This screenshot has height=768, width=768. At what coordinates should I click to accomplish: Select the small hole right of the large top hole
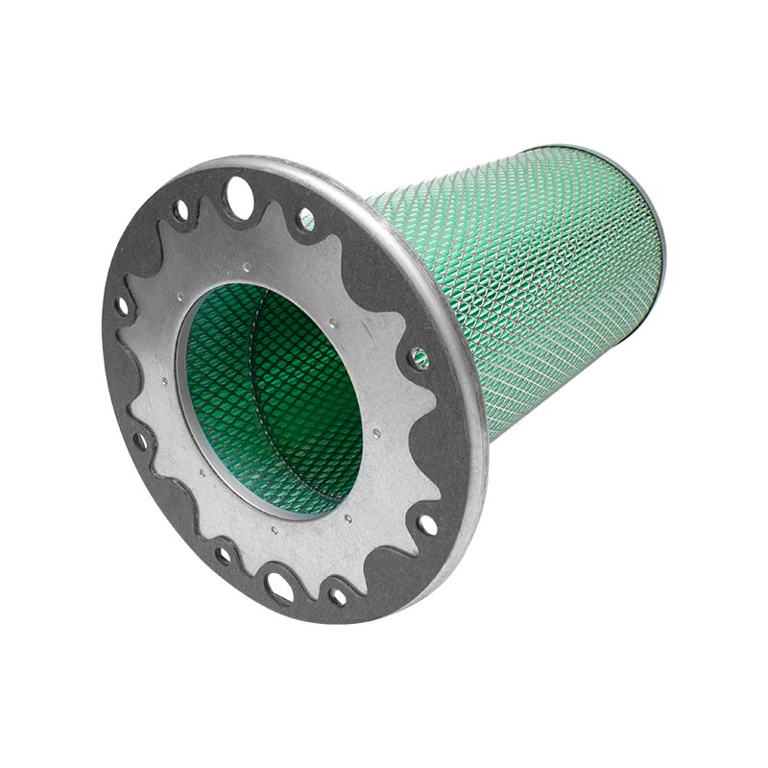pos(305,220)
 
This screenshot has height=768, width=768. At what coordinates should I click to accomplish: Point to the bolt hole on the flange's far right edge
pos(420,358)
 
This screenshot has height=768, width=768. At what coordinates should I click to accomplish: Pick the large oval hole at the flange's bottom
pos(280,588)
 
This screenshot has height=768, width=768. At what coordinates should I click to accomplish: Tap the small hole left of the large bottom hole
pos(224,554)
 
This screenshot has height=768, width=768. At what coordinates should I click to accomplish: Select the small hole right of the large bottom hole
pos(338,595)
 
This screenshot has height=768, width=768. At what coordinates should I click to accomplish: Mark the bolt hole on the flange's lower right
pos(426,524)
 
